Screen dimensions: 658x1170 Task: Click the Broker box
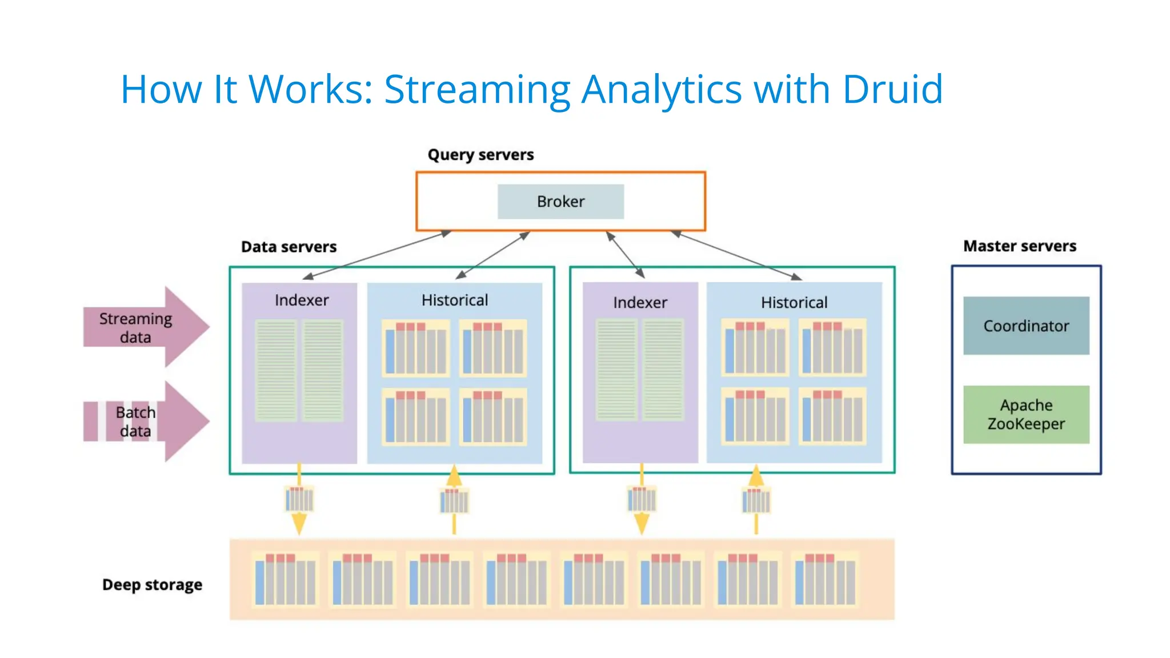[x=560, y=202]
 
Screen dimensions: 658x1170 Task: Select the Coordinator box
[x=1026, y=326]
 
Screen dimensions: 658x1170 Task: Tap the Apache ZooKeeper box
[x=1026, y=415]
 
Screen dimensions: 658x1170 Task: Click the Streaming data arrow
[x=146, y=327]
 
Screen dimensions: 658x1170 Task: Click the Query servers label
[x=480, y=155]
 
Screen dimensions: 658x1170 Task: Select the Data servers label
[x=289, y=247]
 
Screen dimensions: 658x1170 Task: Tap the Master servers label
[x=1020, y=246]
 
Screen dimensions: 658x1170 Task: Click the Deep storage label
[x=152, y=585]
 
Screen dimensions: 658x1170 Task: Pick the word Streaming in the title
[x=477, y=90]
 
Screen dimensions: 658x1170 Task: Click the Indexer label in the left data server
[x=302, y=300]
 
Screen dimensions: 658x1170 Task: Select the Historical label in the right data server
[x=794, y=303]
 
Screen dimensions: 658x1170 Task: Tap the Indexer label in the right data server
[x=640, y=303]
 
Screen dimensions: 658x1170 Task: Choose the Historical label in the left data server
[x=455, y=300]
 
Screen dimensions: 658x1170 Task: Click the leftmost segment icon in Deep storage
[x=285, y=579]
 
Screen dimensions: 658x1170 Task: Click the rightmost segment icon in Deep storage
[x=825, y=579]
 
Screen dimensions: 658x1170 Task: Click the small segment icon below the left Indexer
[x=299, y=500]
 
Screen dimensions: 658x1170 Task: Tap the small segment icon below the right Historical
[x=756, y=501]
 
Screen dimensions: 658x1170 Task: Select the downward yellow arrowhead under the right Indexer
[x=642, y=523]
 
